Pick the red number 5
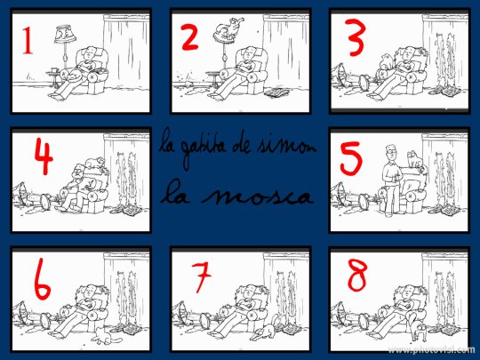point(351,160)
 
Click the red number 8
point(356,278)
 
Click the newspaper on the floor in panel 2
point(278,92)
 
